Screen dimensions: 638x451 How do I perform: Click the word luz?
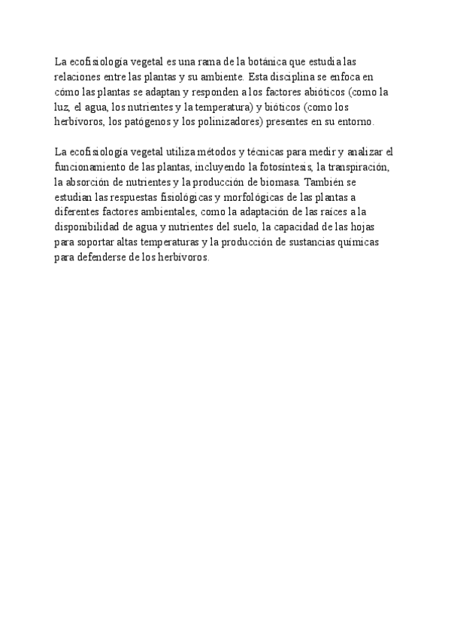point(62,107)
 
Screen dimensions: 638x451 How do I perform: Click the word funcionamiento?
point(89,167)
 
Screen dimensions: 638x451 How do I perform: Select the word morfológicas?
point(225,197)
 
